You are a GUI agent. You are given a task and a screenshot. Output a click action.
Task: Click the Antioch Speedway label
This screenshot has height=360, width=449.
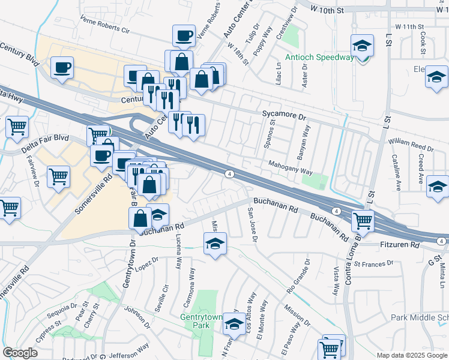319,58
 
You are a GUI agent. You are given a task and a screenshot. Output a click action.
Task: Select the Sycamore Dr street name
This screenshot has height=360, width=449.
284,113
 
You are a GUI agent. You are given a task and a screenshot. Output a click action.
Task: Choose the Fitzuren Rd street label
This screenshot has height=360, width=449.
399,245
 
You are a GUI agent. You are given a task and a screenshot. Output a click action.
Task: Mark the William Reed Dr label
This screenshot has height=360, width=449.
411,146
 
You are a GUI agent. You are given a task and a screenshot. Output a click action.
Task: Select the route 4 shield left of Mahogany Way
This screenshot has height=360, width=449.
229,174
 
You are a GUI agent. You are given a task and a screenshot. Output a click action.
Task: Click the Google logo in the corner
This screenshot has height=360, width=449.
20,353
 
